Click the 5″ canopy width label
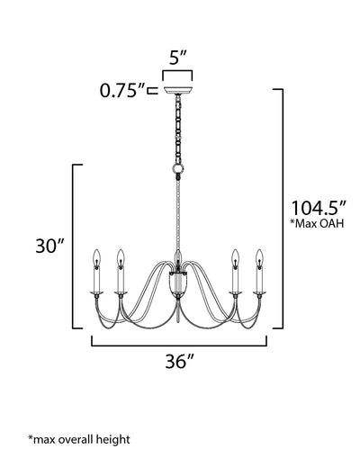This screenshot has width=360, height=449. pos(178,58)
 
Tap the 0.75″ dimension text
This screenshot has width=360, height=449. pos(122,90)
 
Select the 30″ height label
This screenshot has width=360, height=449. pos(50,246)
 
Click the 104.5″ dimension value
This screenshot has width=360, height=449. pos(319,208)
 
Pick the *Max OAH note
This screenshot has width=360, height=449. pos(317,223)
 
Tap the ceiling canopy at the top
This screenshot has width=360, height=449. pos(177,90)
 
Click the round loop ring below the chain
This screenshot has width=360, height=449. pos(178,169)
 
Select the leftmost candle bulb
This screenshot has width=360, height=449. pos(96,258)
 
